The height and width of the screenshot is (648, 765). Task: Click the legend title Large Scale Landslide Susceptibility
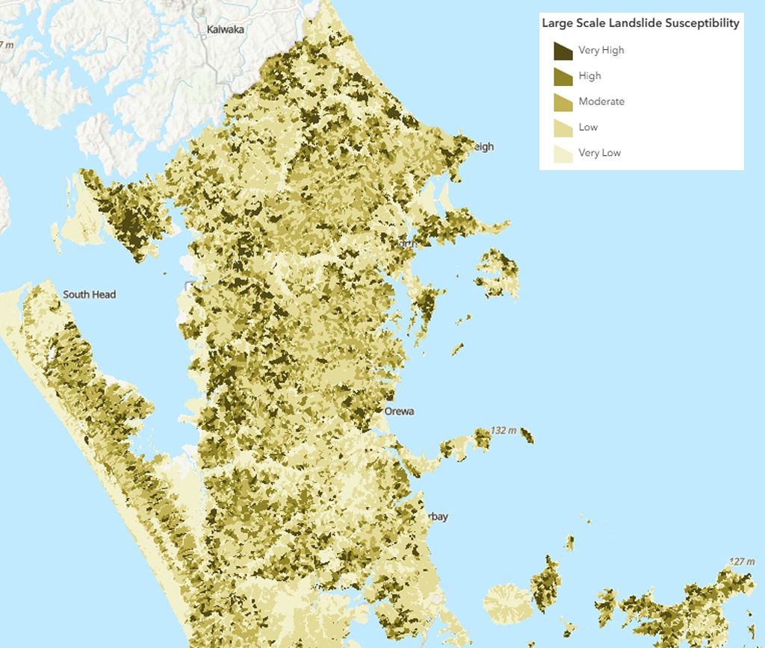click(640, 23)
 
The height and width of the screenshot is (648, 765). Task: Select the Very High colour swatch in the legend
click(563, 51)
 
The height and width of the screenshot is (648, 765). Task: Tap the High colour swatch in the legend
click(563, 76)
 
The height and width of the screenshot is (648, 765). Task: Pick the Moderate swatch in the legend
click(563, 102)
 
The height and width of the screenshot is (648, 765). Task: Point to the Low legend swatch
click(563, 128)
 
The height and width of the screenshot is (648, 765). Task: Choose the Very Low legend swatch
click(563, 153)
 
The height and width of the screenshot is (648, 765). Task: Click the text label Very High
click(601, 51)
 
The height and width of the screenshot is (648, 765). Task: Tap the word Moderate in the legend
click(601, 102)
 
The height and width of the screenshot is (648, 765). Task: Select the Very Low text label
click(599, 153)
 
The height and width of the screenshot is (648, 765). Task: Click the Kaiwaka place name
click(226, 31)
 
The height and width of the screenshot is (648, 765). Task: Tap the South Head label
click(89, 295)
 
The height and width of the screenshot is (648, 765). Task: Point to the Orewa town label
click(399, 411)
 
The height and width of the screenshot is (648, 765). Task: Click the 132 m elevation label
click(504, 431)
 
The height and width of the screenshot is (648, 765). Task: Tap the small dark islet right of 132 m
click(527, 434)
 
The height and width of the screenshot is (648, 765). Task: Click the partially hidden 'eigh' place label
click(483, 147)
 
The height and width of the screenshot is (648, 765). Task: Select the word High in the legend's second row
click(589, 76)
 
